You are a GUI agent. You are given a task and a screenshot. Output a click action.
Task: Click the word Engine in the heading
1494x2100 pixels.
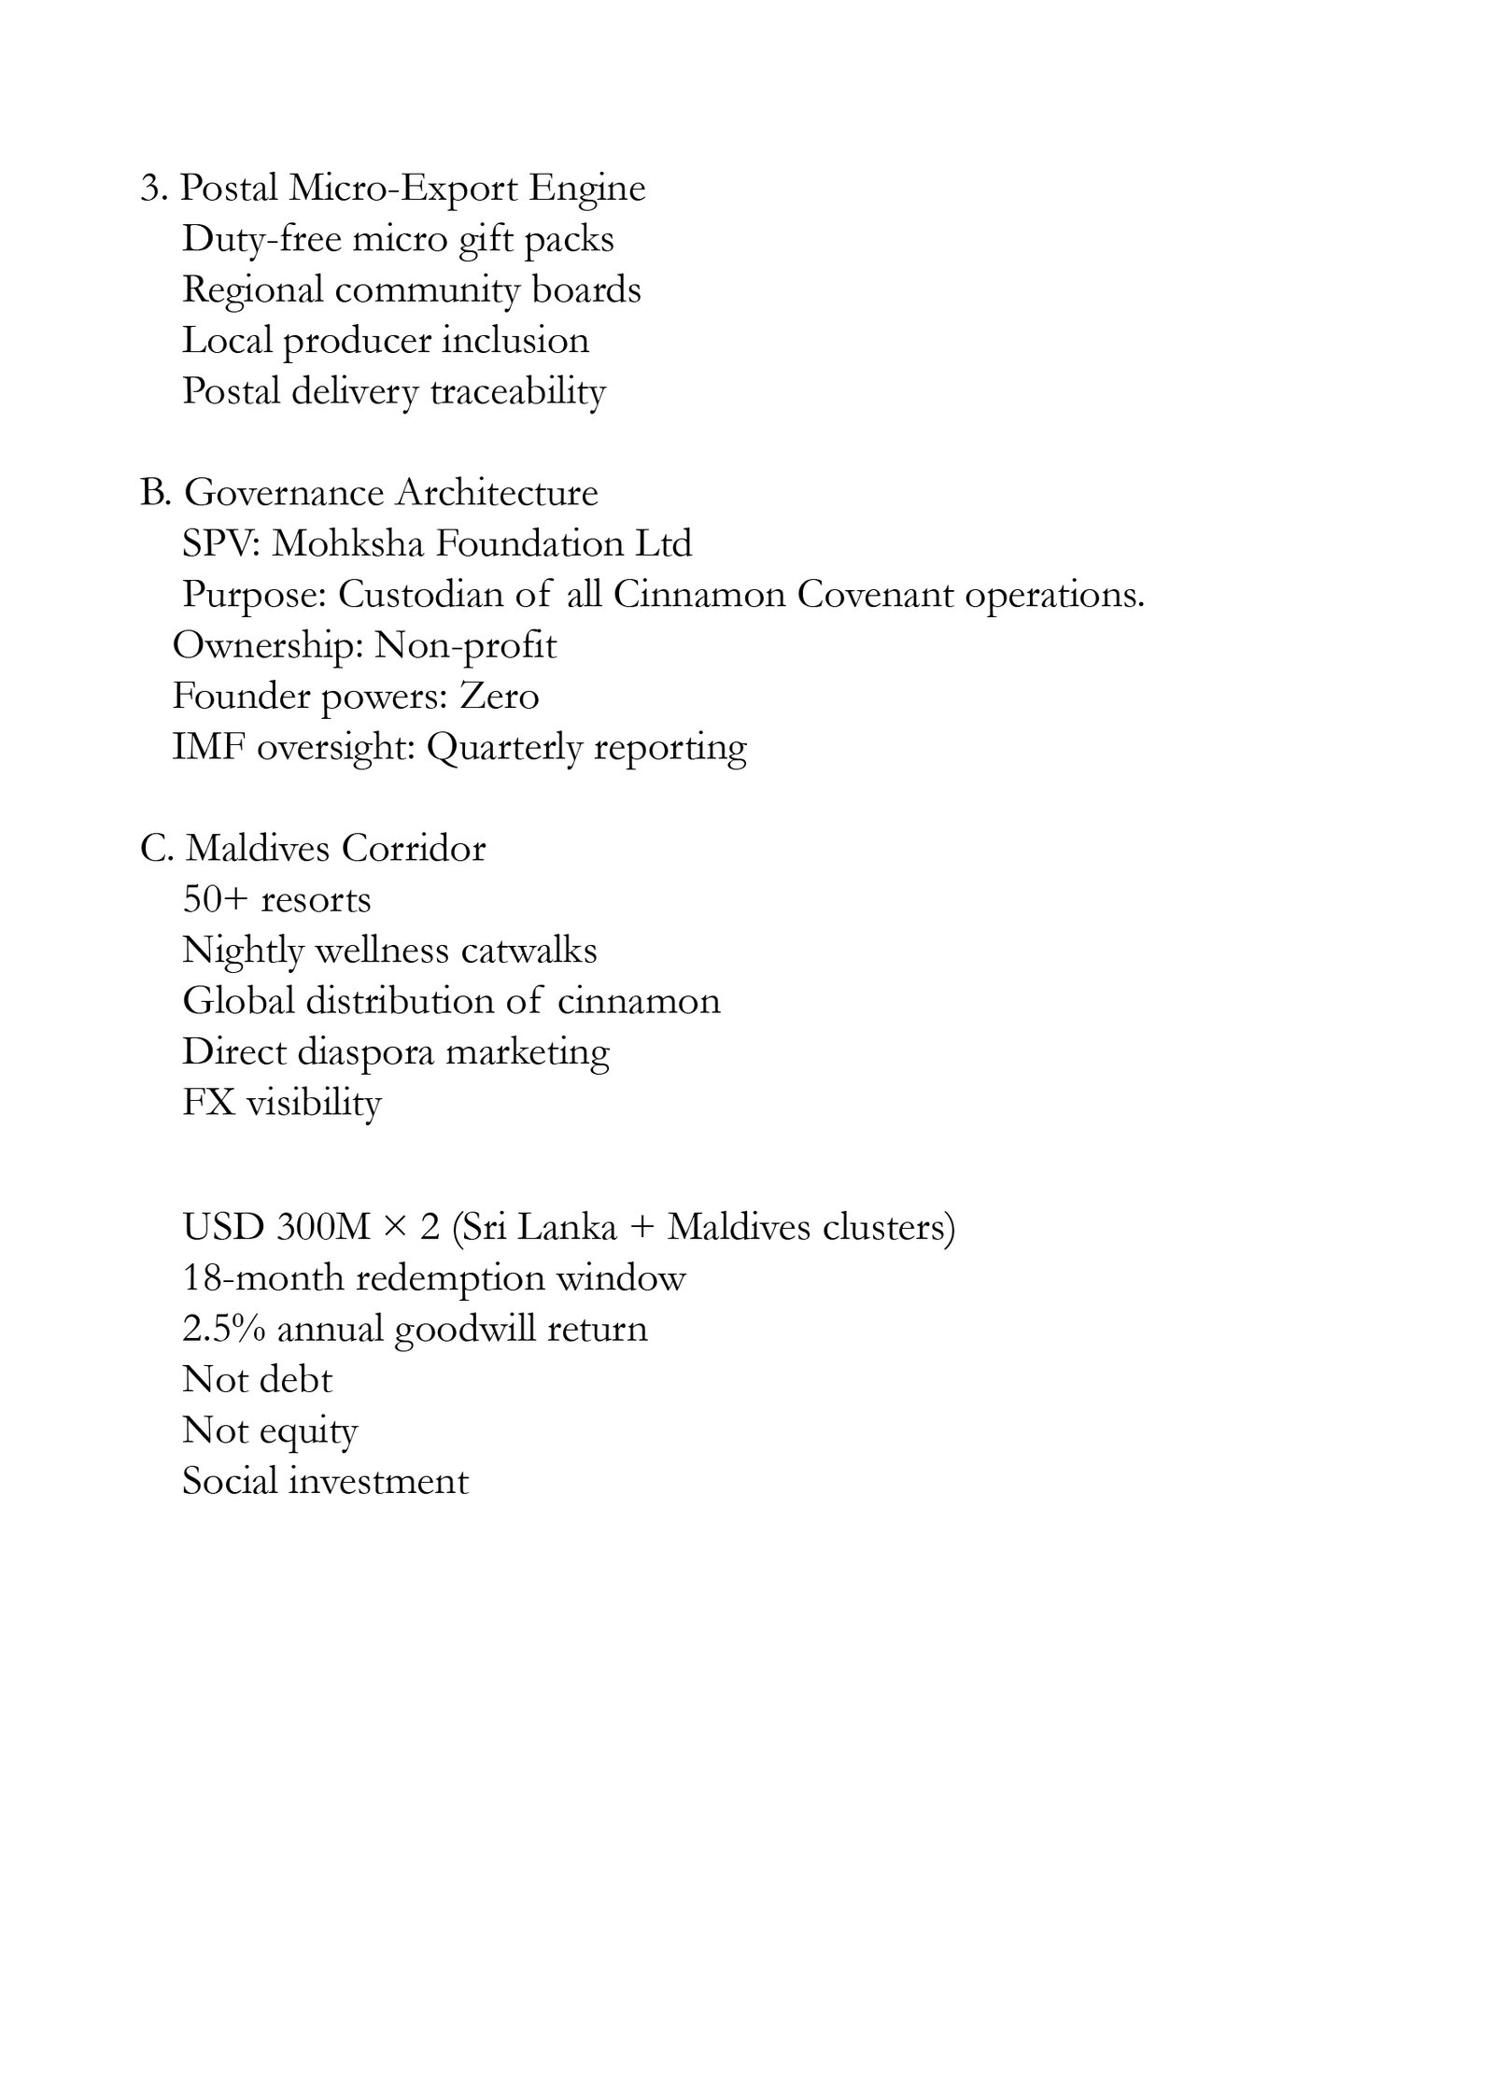[x=587, y=190]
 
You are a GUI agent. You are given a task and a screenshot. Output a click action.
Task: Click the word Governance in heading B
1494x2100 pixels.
[x=283, y=493]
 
